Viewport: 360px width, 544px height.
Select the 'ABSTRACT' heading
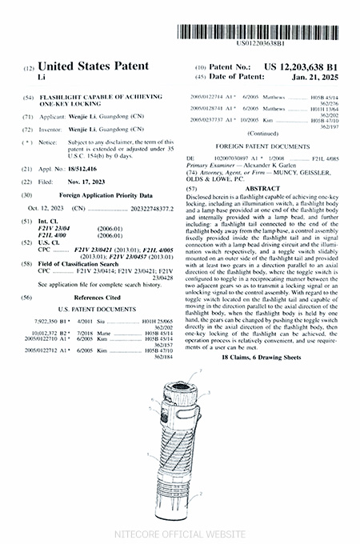(262, 188)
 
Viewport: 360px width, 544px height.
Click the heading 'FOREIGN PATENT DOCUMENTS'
(262, 147)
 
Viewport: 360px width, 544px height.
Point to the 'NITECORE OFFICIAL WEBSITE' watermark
(180, 533)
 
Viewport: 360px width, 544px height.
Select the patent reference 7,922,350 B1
(56, 319)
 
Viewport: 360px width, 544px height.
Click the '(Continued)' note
(262, 134)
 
